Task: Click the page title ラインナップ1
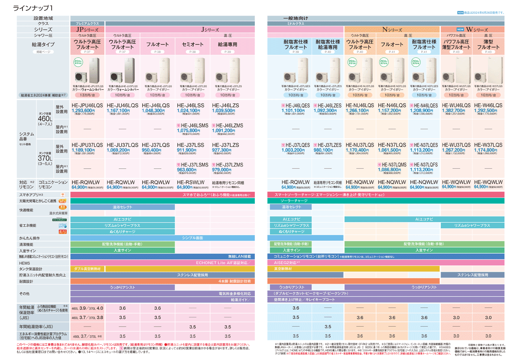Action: (x=33, y=8)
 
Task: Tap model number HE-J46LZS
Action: (x=225, y=105)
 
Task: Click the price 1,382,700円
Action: (x=453, y=111)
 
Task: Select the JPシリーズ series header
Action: (x=88, y=29)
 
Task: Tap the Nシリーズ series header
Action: (x=392, y=29)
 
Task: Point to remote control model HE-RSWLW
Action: (x=191, y=182)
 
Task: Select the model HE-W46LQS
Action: (x=488, y=105)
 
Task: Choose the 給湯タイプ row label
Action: (x=43, y=45)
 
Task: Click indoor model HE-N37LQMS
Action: (x=392, y=165)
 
